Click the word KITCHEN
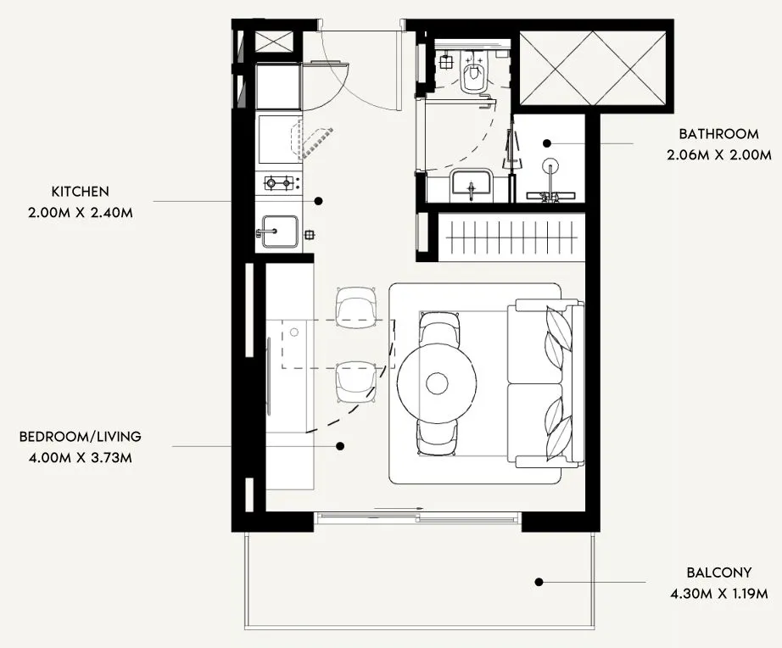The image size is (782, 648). tap(80, 192)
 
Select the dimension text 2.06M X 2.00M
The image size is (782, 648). tap(719, 155)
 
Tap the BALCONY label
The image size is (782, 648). tap(718, 573)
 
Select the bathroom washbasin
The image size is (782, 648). tap(472, 184)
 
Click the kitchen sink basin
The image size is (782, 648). tap(278, 231)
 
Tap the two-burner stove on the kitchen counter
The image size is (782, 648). tap(279, 182)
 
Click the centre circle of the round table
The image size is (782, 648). tap(437, 383)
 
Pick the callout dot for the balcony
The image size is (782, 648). tap(538, 582)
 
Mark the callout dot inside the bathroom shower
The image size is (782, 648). tap(547, 143)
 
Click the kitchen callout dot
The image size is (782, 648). tap(319, 201)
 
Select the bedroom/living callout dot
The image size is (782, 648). tap(339, 445)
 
